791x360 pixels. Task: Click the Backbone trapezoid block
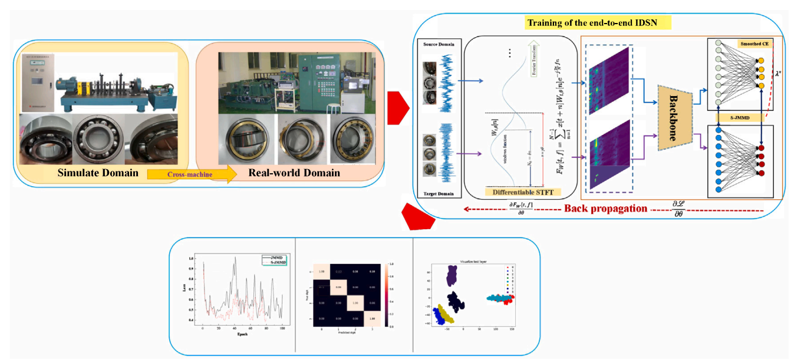[672, 114]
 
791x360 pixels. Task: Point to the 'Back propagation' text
[605, 209]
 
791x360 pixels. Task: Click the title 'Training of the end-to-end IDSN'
[599, 24]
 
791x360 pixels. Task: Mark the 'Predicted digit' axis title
[340, 333]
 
